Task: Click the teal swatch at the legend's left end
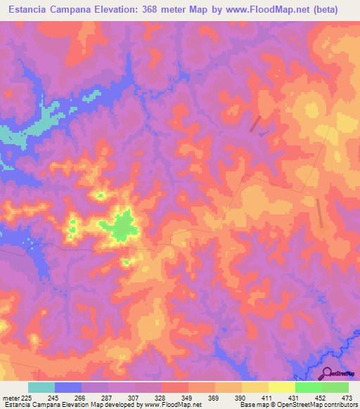(x=41, y=387)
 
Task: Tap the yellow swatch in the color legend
(x=281, y=387)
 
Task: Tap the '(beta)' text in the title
(x=326, y=10)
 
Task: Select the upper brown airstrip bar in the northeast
(x=255, y=123)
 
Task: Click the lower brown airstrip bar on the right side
(x=319, y=212)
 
